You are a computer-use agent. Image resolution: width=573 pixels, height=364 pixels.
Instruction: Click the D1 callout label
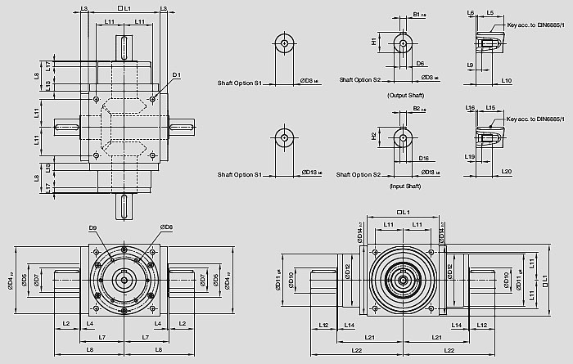(x=176, y=76)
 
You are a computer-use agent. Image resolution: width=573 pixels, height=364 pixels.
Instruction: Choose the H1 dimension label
(x=374, y=41)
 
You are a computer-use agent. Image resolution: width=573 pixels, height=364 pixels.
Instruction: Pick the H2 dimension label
(x=374, y=135)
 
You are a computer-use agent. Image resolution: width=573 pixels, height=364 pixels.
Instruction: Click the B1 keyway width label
(x=418, y=15)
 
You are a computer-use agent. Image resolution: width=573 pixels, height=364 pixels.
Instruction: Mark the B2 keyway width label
(x=418, y=108)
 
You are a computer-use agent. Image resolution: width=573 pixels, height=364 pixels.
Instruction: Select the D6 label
(x=419, y=63)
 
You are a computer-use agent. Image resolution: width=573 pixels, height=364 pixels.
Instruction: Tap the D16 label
(x=423, y=158)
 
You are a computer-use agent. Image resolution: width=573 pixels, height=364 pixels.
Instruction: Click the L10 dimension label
(x=506, y=81)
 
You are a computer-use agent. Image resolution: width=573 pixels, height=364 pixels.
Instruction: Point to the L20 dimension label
(x=506, y=172)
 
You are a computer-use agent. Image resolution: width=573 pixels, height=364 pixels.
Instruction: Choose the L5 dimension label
(x=490, y=13)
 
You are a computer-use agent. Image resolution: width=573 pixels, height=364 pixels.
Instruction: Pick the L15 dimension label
(x=490, y=107)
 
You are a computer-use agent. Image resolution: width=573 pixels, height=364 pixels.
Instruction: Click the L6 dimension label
(x=470, y=13)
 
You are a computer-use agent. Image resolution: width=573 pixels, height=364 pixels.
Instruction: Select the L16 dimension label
(x=470, y=107)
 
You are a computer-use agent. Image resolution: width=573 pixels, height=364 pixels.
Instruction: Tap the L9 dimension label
(x=471, y=64)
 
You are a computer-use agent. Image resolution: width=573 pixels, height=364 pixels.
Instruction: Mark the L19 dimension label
(x=471, y=156)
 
